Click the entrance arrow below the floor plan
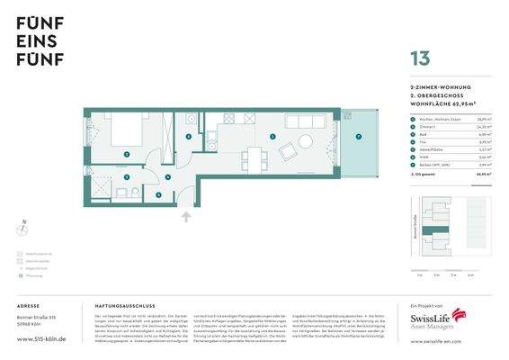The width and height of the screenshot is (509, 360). click(x=186, y=216)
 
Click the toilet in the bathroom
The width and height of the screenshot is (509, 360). click(x=132, y=193)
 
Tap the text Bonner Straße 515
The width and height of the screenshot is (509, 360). click(x=38, y=319)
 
